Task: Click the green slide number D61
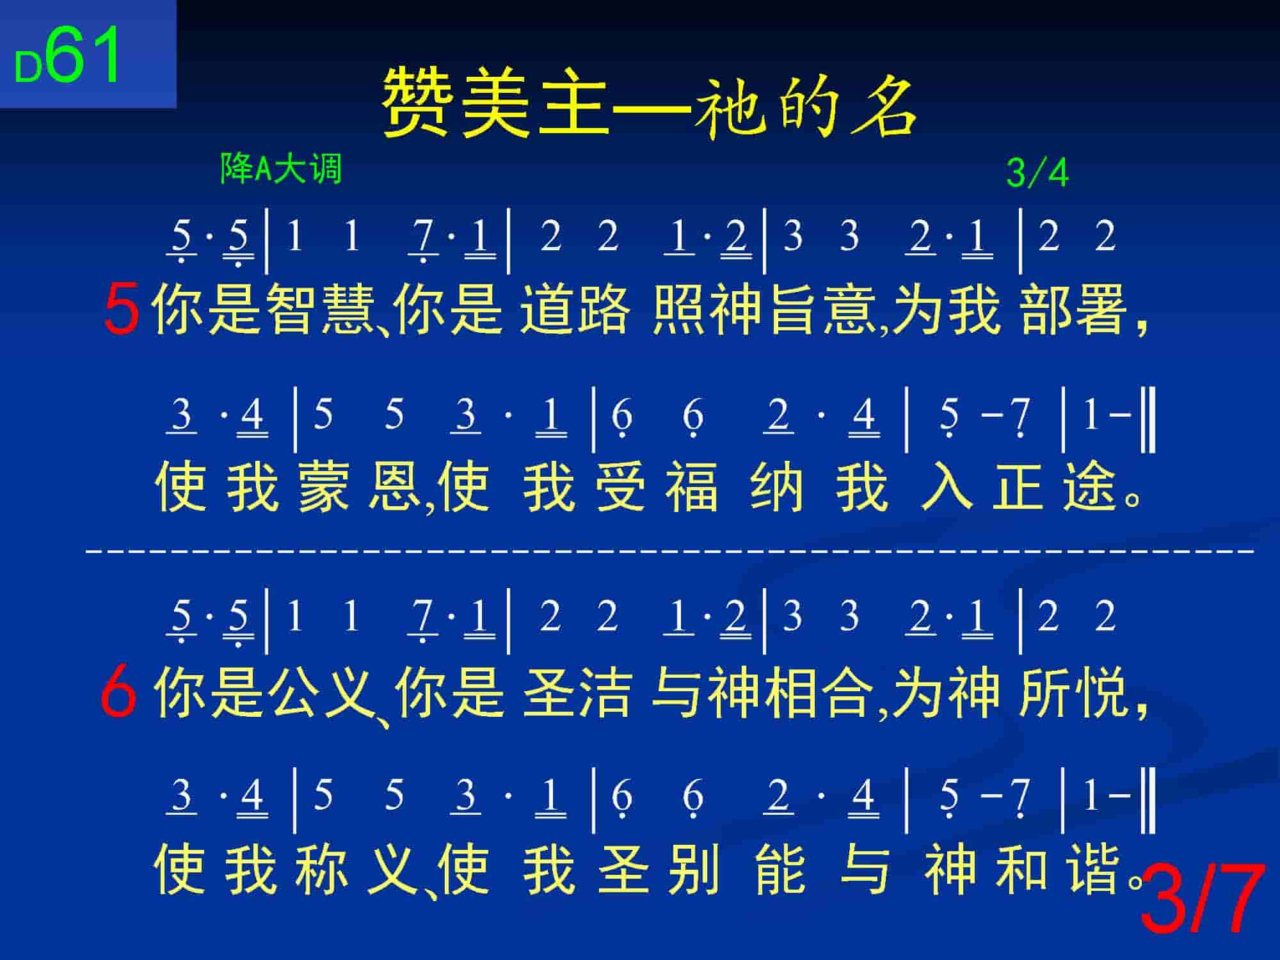(68, 56)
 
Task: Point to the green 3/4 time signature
(1037, 173)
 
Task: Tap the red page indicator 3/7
(1203, 899)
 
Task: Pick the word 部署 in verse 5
(1075, 310)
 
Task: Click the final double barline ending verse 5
(1148, 419)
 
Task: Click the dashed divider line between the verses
(669, 549)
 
